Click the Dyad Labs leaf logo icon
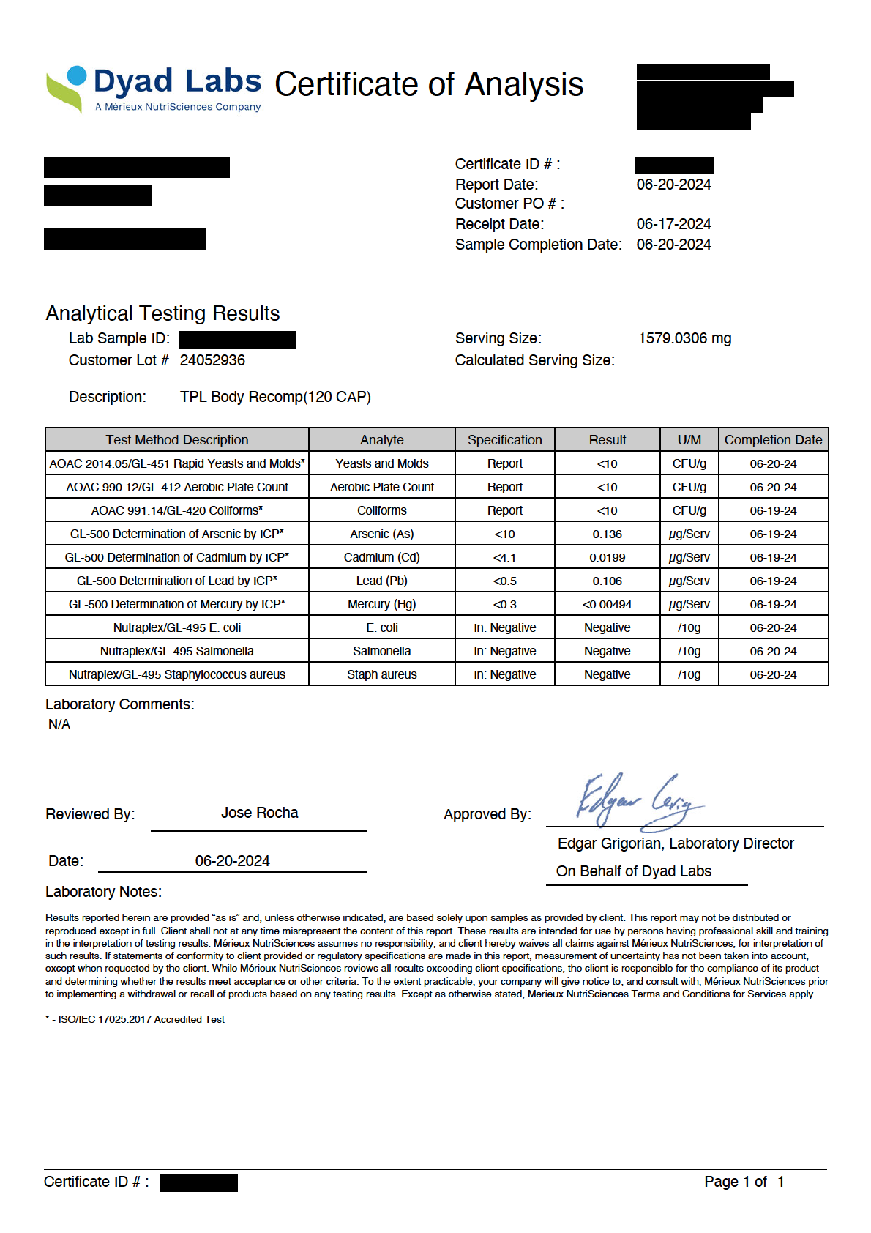67,89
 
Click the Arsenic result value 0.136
607,534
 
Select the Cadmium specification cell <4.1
504,557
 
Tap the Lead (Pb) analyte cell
381,581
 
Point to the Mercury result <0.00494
607,604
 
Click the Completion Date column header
773,439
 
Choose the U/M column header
689,439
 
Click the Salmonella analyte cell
381,651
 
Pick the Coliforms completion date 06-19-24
773,510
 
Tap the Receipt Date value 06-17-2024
673,224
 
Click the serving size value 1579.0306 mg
684,338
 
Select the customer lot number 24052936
212,360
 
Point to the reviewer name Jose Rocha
259,813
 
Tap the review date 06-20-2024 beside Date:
232,861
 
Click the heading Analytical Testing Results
162,313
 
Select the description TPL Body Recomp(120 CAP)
275,397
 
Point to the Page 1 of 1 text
744,1182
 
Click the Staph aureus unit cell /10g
689,674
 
